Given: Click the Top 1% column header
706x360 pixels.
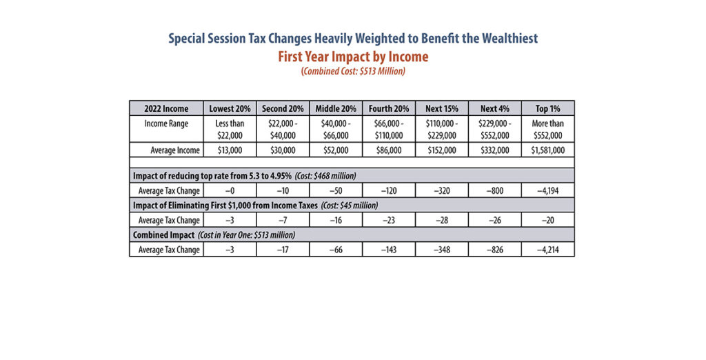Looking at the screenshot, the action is [547, 108].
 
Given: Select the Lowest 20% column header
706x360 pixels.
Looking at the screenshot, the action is [230, 108].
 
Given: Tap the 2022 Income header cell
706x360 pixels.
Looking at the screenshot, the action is [166, 108].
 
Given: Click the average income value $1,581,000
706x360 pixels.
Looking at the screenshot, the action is [547, 150].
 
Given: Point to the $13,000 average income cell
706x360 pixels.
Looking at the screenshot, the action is [230, 150].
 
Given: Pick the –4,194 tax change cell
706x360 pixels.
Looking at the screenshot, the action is [547, 190].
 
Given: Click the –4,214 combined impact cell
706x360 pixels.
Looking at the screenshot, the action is [547, 250].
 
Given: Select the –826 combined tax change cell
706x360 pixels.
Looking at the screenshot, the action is [495, 250].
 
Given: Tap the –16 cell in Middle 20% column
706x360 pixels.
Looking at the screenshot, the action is [336, 220].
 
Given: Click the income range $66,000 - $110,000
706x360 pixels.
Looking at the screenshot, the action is [389, 130].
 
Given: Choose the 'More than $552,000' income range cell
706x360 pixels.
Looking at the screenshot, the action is [547, 130].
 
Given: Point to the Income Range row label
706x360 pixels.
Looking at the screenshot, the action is [166, 123].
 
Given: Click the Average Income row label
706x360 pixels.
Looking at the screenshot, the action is [175, 150].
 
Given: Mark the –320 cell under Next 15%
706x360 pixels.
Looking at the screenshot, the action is [442, 190].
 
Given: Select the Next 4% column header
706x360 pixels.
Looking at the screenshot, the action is [495, 108].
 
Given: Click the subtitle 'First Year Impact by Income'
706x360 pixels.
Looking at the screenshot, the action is [353, 57].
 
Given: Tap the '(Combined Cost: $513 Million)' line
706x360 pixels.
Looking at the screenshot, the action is [353, 71].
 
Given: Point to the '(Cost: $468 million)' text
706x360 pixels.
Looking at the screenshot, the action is [325, 176].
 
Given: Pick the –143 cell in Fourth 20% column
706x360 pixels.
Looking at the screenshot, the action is [389, 250].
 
